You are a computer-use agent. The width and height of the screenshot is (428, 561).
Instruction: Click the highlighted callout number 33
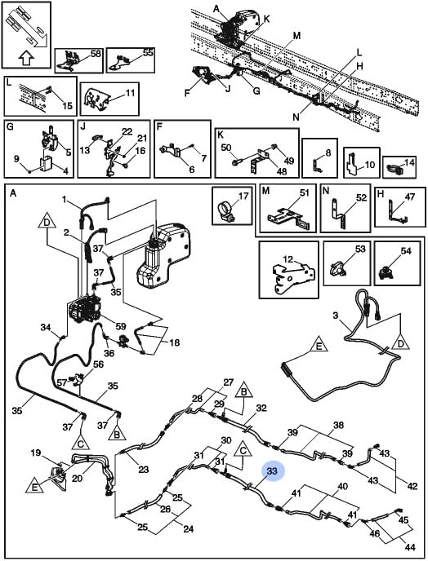273,471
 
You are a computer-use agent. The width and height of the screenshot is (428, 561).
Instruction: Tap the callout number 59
121,326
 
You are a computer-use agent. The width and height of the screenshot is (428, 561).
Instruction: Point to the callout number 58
96,55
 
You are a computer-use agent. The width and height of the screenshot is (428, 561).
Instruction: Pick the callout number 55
148,52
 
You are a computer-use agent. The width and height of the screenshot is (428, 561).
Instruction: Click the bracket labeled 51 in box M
288,218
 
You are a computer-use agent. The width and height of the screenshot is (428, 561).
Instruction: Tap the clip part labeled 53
338,267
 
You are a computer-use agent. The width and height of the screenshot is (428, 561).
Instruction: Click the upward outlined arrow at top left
25,57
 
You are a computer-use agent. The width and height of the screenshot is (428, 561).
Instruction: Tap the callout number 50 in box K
225,148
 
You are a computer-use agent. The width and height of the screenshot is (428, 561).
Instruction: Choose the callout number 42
412,486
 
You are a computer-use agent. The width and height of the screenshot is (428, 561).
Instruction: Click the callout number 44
410,547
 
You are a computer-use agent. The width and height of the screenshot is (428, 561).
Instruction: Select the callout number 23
144,469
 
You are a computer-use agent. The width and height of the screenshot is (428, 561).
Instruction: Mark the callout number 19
36,453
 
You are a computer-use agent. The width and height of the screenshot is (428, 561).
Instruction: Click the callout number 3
335,316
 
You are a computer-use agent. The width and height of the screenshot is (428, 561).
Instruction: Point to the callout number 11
130,93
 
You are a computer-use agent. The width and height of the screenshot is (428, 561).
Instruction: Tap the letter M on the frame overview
296,36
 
